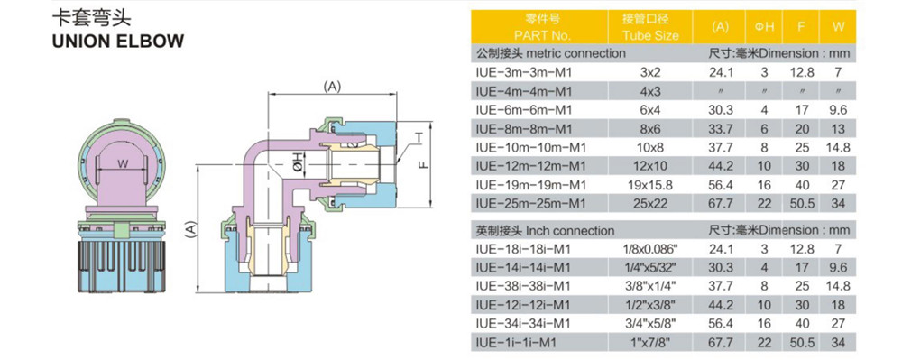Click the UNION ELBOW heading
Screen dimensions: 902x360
[x=118, y=42]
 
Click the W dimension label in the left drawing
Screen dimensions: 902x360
[x=123, y=164]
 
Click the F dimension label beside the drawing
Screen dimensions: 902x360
[x=423, y=164]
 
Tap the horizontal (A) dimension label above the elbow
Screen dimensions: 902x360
[x=332, y=87]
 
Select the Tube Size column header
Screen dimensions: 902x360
[x=650, y=35]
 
